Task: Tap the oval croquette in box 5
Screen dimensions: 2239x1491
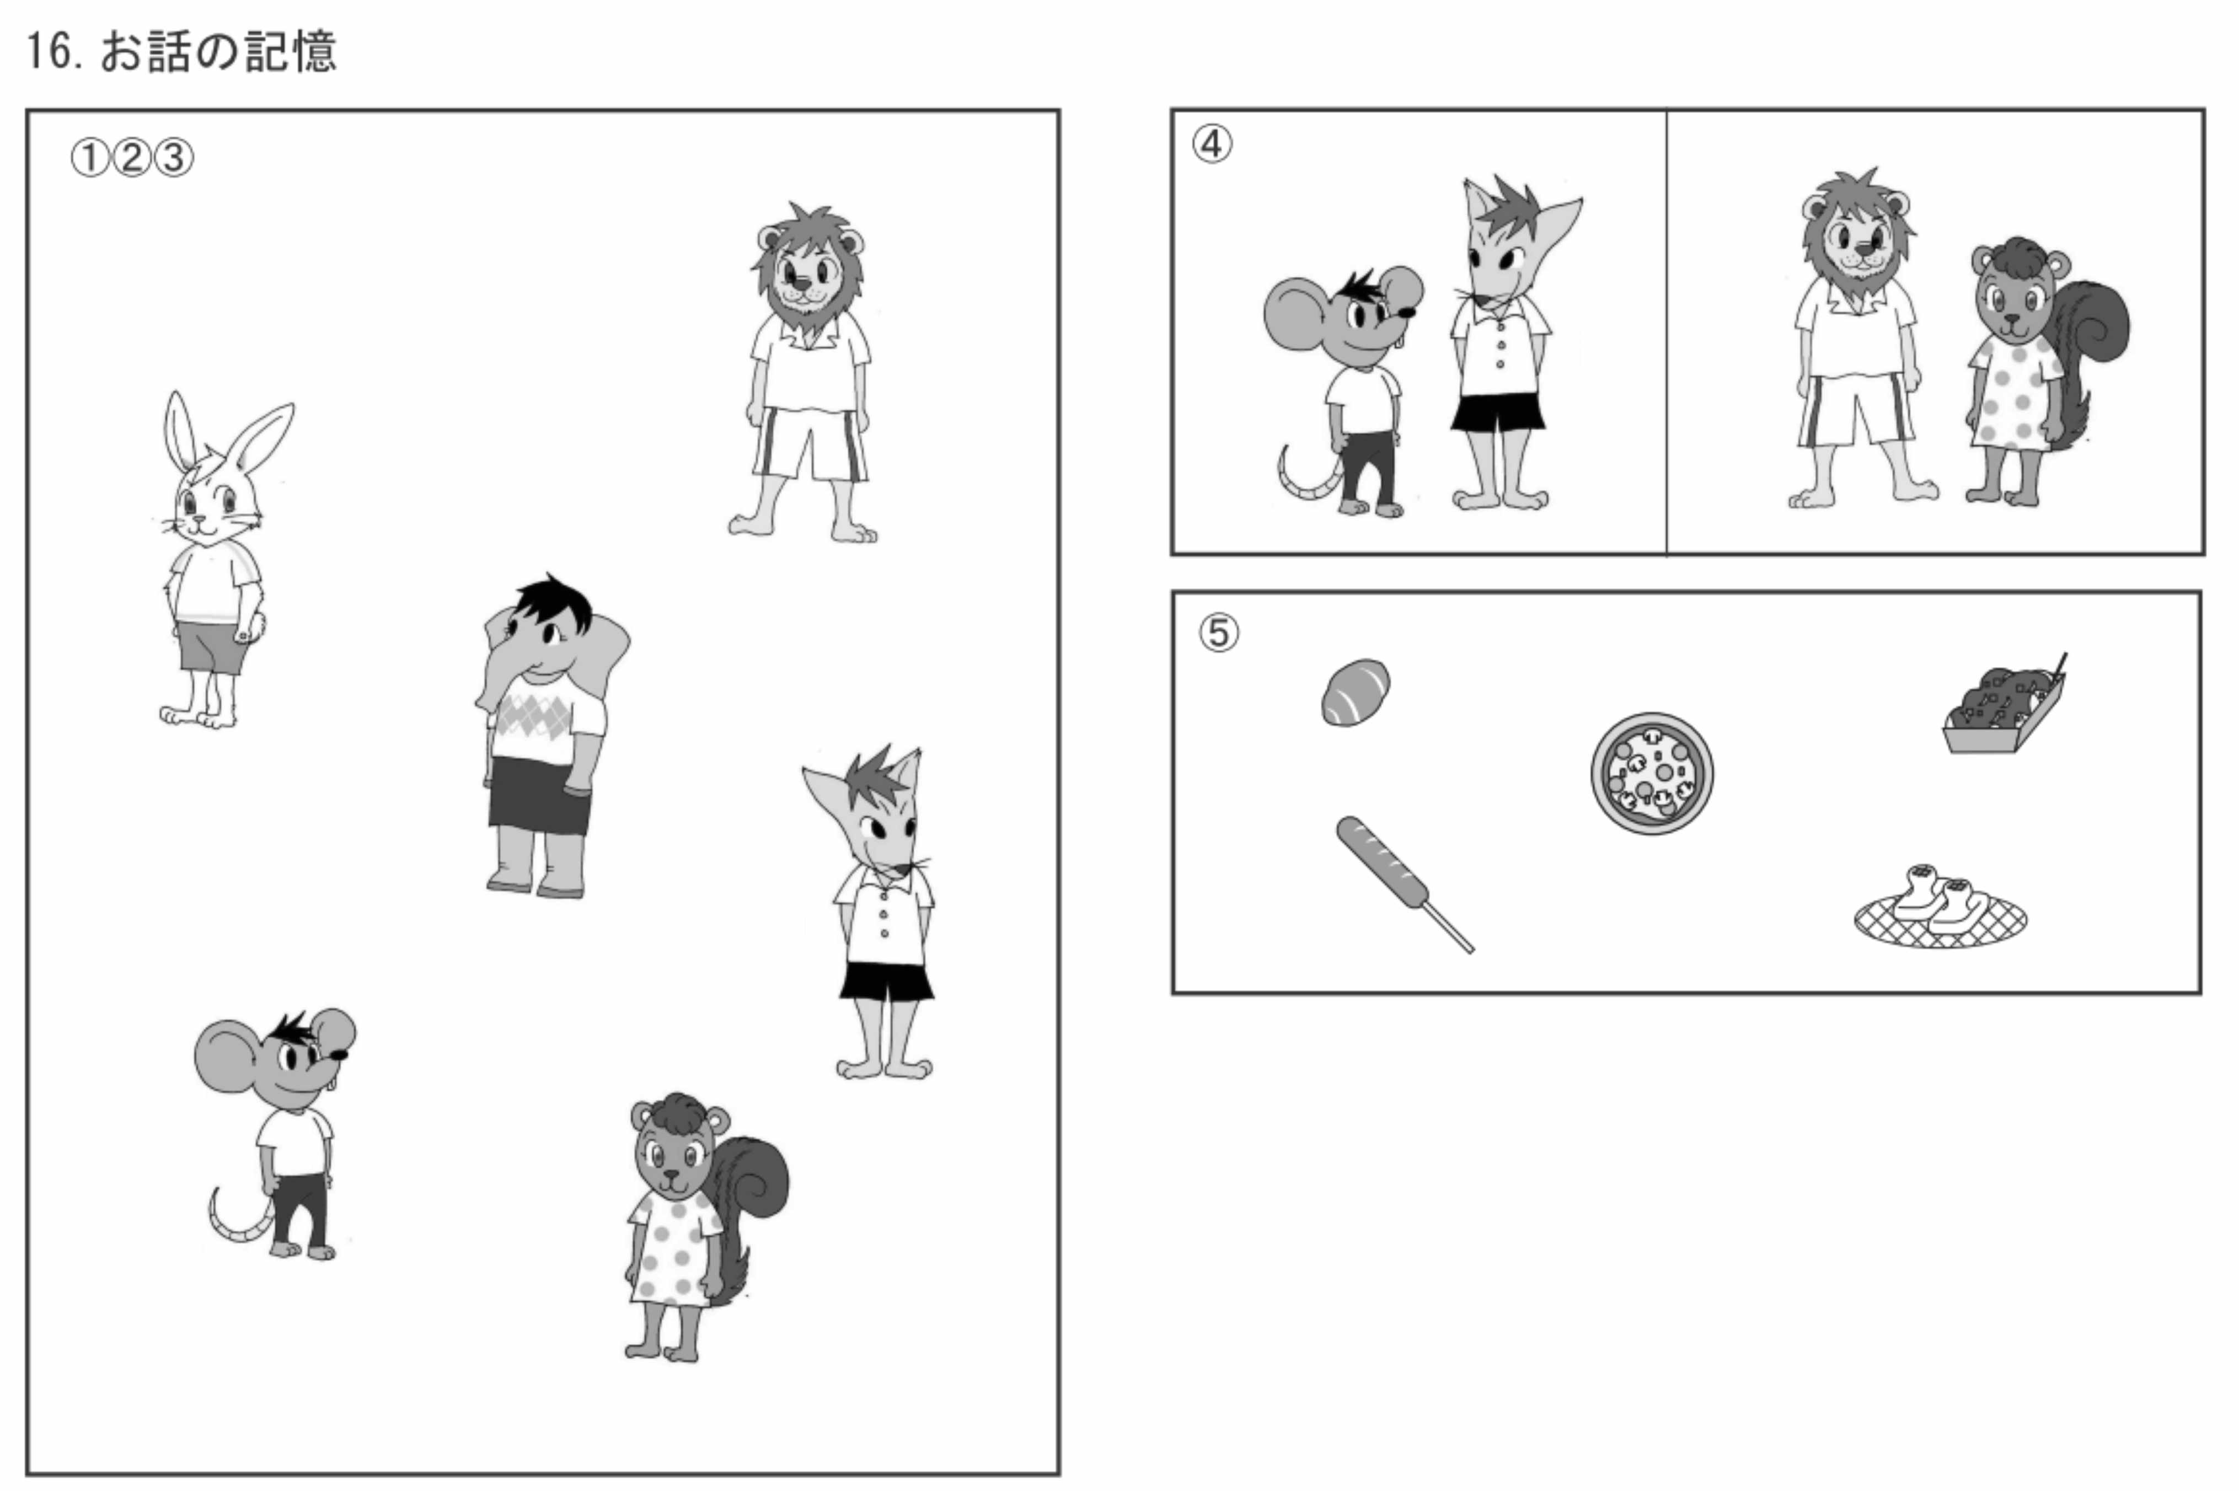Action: tap(1355, 692)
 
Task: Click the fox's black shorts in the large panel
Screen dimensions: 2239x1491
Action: tap(886, 982)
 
